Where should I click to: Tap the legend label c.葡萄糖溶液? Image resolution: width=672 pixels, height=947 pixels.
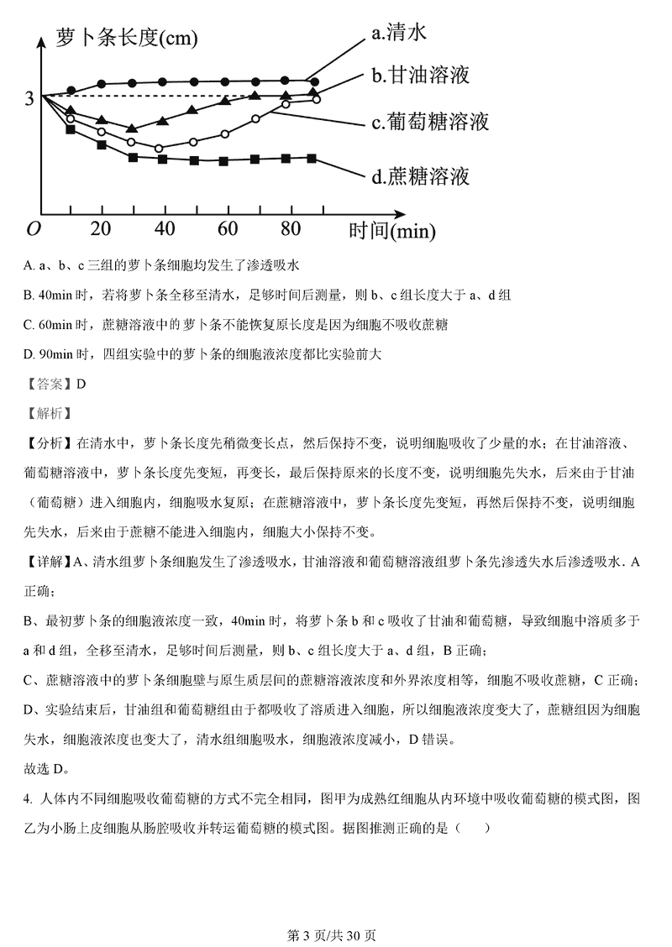click(x=430, y=122)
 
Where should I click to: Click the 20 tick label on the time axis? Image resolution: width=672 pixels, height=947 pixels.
click(x=101, y=229)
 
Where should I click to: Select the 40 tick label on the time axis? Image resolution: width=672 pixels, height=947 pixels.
click(x=165, y=229)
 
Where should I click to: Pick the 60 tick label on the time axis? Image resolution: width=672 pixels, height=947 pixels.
click(x=228, y=229)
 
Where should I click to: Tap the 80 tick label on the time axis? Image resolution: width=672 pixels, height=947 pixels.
click(x=291, y=229)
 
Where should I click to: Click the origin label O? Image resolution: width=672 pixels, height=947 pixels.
click(x=34, y=229)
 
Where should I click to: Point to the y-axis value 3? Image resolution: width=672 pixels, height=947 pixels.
click(x=29, y=98)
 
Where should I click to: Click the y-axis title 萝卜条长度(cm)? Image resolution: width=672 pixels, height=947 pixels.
click(x=127, y=38)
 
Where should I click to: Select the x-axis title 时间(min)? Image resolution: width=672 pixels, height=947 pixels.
click(x=387, y=229)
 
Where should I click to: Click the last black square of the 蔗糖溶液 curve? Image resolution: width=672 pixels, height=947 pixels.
click(x=312, y=158)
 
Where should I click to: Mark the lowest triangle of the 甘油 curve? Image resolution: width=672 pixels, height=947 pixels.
click(x=131, y=128)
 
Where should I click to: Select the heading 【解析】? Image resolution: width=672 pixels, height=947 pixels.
click(x=50, y=411)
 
